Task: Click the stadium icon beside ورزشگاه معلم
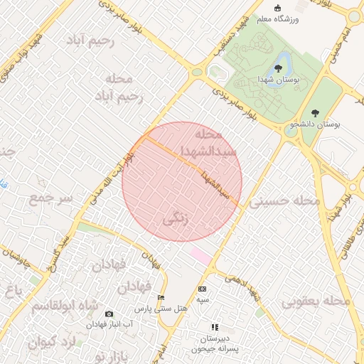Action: [297, 7]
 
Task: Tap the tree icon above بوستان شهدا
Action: [278, 68]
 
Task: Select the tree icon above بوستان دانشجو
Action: [315, 113]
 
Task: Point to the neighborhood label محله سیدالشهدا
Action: [199, 143]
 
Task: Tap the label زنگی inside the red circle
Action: [177, 218]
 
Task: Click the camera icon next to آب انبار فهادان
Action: [109, 314]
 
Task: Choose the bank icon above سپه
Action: [203, 289]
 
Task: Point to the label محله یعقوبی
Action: [317, 301]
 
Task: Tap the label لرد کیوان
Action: [53, 343]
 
